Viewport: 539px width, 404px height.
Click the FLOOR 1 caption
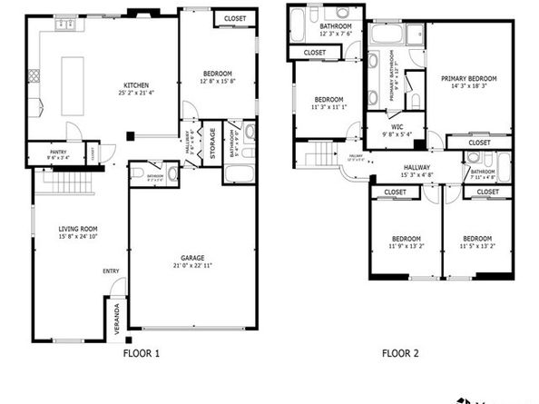141,353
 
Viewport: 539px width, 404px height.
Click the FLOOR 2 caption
401,353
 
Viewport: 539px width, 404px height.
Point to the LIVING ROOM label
78,229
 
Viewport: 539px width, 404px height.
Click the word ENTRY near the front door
112,270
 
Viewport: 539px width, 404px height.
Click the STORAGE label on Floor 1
212,145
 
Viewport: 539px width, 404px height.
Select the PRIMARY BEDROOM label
470,79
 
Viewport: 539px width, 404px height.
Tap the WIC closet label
397,127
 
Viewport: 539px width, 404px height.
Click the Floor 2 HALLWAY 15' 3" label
416,172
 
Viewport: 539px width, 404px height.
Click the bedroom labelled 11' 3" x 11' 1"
328,106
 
